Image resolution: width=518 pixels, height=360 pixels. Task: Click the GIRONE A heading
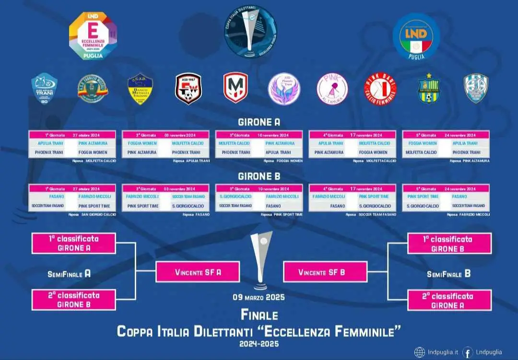[259, 122]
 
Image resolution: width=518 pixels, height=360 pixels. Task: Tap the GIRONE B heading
[259, 176]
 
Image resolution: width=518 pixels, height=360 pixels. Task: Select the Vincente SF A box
[198, 272]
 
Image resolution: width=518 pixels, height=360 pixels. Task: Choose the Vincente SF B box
[326, 272]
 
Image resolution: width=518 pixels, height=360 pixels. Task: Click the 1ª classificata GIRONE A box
[73, 243]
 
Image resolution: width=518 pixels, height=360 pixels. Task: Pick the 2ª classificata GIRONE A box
[449, 300]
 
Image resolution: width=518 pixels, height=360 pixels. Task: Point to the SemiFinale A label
[69, 274]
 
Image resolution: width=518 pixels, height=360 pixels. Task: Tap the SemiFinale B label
[448, 274]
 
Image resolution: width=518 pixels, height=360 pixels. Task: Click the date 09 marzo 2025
[259, 297]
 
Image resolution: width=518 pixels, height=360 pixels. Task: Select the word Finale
[259, 314]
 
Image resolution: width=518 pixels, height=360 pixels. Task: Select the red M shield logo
[235, 89]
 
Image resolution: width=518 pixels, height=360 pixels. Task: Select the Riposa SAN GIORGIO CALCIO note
[93, 214]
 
